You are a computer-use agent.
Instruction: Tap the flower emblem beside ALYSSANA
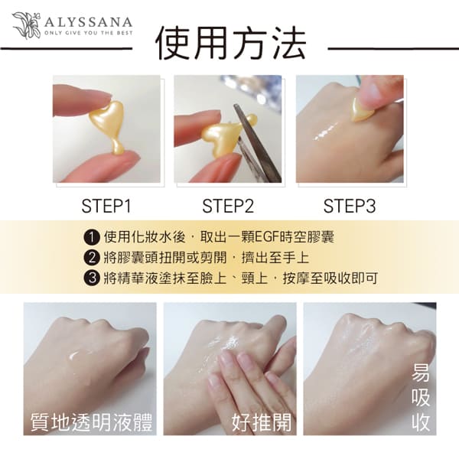[26, 25]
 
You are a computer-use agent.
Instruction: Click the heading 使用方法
[230, 44]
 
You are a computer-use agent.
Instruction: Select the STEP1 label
[106, 206]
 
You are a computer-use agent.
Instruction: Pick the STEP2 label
[228, 206]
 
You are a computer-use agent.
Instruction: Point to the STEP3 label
[350, 206]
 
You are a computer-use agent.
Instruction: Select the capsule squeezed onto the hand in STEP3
[362, 109]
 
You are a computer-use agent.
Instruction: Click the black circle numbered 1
[93, 237]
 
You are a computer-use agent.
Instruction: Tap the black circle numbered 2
[93, 258]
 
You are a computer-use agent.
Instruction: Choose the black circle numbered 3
[93, 278]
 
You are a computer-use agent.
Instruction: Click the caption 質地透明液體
[92, 422]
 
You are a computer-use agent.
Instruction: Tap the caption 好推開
[262, 422]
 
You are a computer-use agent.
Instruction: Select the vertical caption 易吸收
[421, 397]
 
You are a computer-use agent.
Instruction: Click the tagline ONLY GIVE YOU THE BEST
[89, 33]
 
